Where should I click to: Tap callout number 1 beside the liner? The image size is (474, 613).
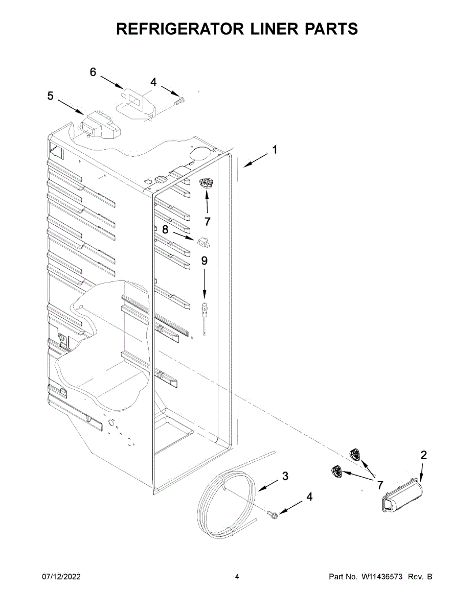click(275, 150)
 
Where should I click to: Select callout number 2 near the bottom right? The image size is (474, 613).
click(423, 455)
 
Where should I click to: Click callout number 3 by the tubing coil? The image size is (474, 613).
click(285, 476)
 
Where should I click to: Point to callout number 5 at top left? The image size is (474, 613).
click(50, 96)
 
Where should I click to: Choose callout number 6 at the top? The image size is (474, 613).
click(93, 73)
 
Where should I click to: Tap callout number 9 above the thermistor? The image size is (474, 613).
click(204, 261)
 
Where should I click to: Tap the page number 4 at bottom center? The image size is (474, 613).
click(237, 577)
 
